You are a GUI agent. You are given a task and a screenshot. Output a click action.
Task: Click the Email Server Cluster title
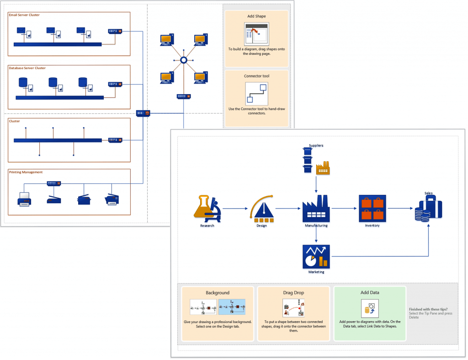click(x=24, y=15)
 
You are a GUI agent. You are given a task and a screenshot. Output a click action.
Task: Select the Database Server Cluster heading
click(x=27, y=68)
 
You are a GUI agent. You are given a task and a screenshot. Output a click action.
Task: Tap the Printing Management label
click(x=26, y=172)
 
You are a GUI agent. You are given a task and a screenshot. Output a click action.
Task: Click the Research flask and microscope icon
click(x=207, y=208)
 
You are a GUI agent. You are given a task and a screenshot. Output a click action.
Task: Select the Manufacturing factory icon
click(x=316, y=209)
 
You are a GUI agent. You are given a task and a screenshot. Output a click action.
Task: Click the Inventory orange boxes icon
click(x=372, y=208)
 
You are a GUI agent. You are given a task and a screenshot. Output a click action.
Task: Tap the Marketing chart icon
click(x=316, y=257)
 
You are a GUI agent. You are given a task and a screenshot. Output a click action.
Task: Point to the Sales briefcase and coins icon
click(x=429, y=209)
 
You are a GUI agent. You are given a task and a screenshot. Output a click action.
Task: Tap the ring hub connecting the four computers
click(x=183, y=60)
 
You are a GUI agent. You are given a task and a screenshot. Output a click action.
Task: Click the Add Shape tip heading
click(x=256, y=16)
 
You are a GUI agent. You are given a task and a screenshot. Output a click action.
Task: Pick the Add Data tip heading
click(x=370, y=292)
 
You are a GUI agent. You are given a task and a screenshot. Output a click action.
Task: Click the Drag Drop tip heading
click(x=293, y=292)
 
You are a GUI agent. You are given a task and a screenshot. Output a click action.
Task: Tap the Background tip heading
click(x=217, y=292)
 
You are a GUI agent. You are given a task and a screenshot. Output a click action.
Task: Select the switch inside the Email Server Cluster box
click(x=115, y=31)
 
